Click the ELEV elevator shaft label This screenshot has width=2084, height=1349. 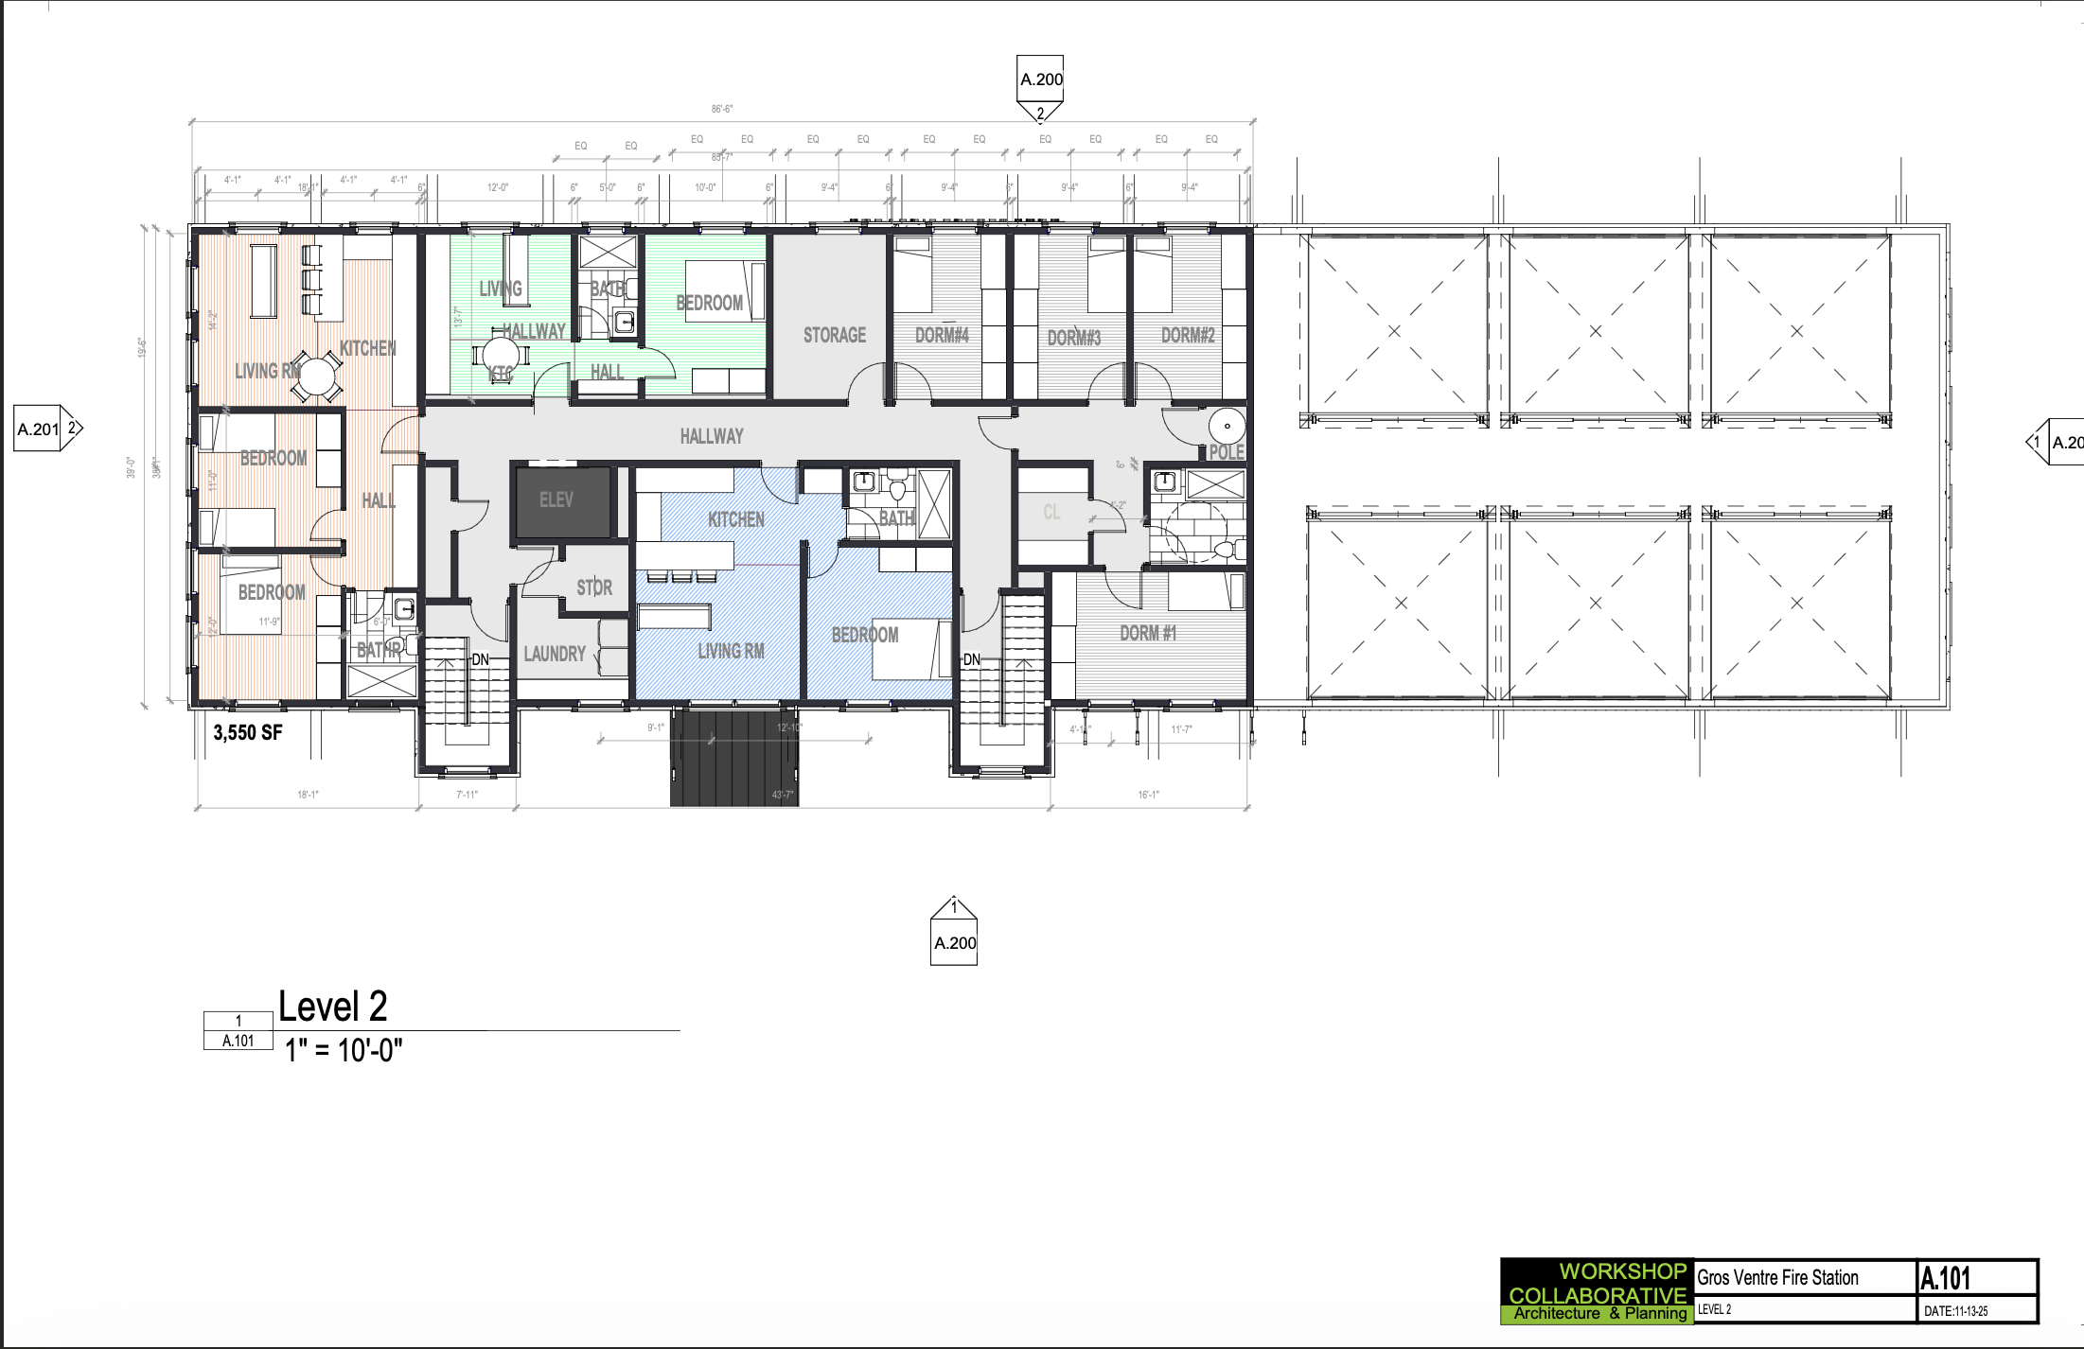point(556,499)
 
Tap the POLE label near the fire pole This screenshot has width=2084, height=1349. point(1227,452)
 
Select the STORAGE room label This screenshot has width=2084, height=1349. point(834,335)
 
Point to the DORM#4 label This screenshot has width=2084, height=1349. point(942,335)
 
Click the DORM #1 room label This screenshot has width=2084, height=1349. point(1148,633)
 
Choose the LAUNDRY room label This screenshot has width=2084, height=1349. point(555,654)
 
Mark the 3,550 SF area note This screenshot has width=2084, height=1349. point(248,732)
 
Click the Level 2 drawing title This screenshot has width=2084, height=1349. point(333,1007)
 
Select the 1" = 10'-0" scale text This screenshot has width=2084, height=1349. point(344,1050)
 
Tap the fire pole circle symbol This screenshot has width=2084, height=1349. point(1227,427)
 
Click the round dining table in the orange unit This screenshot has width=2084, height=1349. point(316,377)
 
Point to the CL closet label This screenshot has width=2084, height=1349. point(1051,513)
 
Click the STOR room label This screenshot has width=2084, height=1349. point(594,587)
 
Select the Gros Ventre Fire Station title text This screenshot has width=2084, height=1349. point(1777,1278)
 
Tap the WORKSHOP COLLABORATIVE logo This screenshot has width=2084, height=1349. point(1597,1291)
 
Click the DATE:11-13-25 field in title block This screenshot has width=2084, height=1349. point(1955,1311)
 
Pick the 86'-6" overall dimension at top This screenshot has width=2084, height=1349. point(722,110)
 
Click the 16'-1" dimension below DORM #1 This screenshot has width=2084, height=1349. point(1148,795)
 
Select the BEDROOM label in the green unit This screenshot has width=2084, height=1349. point(709,303)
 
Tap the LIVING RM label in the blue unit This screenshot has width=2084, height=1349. point(730,651)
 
